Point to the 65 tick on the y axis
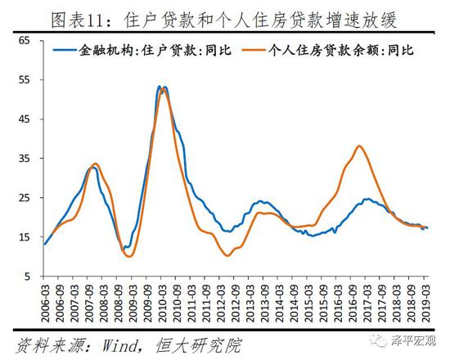tap(24, 40)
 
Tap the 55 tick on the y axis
tap(24, 79)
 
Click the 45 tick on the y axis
tap(24, 119)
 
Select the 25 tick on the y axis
tap(24, 198)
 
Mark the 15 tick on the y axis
tap(24, 237)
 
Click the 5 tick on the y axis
tap(26, 277)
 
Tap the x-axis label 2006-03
tap(45, 304)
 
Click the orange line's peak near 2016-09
tap(360, 146)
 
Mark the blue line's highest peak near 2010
tap(161, 86)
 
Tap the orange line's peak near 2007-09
tap(96, 164)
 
